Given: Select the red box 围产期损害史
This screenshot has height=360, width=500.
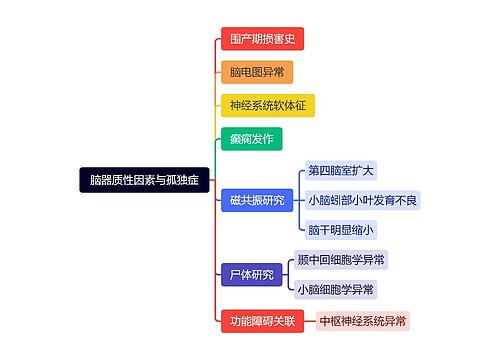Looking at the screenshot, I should click(x=262, y=39).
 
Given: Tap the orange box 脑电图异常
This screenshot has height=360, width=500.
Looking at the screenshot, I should click(x=257, y=72).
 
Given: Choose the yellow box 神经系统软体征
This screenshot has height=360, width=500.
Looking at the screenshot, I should click(x=267, y=105).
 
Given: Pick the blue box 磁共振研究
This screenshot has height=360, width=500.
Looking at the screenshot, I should click(x=257, y=200).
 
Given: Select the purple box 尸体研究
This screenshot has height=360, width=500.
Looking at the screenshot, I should click(x=252, y=274).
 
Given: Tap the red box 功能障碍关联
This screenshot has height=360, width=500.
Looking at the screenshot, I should click(x=262, y=321).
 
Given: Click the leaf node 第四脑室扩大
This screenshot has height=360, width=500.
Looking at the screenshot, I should click(x=341, y=170).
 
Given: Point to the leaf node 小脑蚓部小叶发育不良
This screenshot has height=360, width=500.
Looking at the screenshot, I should click(x=364, y=200).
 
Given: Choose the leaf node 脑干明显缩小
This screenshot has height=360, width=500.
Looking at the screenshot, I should click(x=341, y=230).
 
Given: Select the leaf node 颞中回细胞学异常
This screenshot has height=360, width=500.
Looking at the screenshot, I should click(x=341, y=259).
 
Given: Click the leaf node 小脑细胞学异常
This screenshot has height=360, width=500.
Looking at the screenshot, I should click(x=336, y=289).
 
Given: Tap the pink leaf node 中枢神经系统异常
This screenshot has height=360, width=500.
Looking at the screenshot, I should click(x=364, y=321).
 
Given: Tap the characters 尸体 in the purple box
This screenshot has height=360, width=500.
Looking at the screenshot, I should click(x=240, y=274).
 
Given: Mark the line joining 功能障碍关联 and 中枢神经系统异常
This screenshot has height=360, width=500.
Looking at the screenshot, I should click(x=309, y=321).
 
